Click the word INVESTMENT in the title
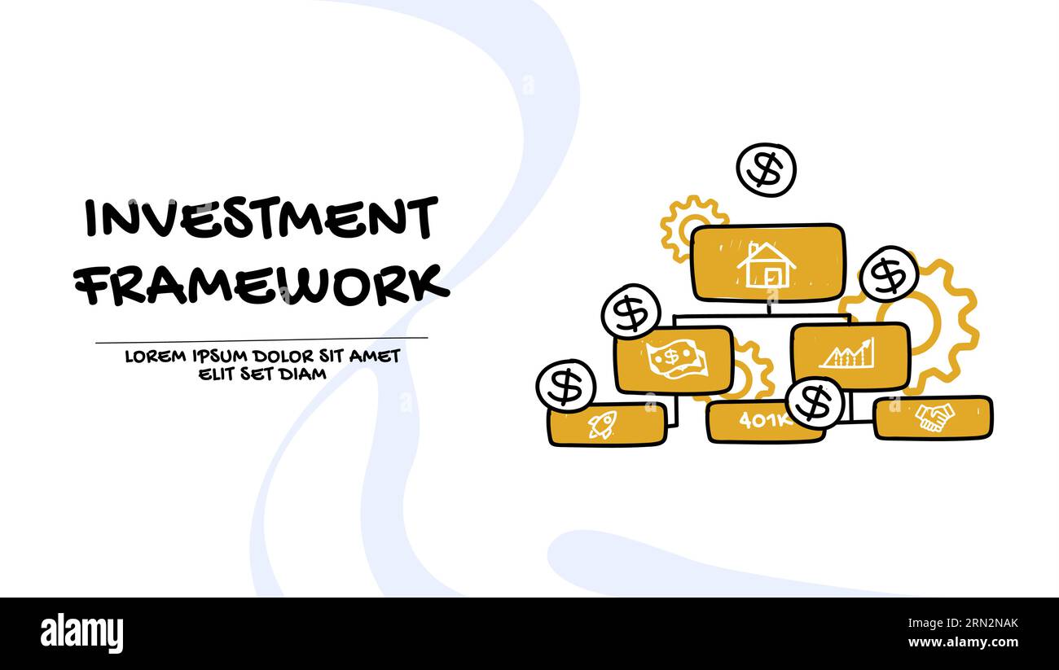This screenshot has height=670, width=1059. pos(261,217)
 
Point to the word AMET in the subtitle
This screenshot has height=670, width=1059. pos(376,357)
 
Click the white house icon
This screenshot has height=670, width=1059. pos(766,264)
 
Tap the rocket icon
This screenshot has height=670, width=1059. pos(603,424)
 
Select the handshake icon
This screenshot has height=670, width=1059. pos(934,418)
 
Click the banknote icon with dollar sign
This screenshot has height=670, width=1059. pos(675,359)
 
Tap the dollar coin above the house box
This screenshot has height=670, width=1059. pos(766,169)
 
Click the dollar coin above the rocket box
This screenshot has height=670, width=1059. pos(565,386)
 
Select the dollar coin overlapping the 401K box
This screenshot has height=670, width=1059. pos(814,402)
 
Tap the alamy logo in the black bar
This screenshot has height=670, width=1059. pos(81,633)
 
